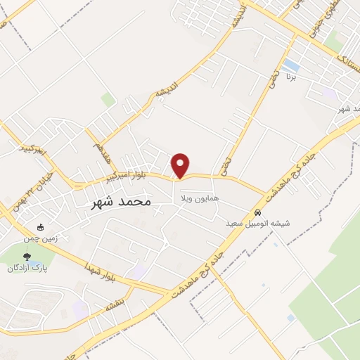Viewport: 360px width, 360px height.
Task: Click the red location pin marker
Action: click(181, 165)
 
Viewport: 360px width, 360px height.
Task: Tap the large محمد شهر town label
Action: click(122, 202)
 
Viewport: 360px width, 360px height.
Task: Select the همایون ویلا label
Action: click(200, 198)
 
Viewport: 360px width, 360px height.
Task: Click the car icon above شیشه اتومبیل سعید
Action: click(258, 212)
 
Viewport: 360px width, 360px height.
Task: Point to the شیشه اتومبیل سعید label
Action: click(258, 223)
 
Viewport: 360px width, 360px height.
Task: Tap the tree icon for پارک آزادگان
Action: click(27, 257)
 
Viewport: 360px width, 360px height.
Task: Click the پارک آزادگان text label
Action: click(26, 268)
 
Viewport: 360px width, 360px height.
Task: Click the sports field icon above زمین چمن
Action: click(41, 227)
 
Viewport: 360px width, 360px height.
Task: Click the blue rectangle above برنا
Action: click(290, 67)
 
